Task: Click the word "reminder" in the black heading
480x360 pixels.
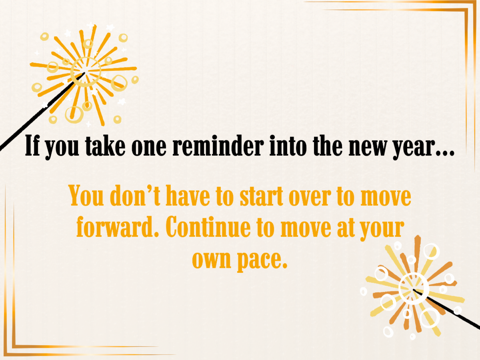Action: (218, 146)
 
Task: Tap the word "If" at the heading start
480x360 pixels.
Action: (32, 146)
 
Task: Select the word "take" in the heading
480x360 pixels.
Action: (105, 146)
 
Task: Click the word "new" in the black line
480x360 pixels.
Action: (368, 149)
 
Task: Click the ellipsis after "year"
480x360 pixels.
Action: (445, 154)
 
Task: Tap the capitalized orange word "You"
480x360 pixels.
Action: (86, 196)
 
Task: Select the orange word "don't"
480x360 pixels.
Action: (135, 196)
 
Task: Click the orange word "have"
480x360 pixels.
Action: (188, 196)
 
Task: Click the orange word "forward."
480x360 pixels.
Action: (118, 227)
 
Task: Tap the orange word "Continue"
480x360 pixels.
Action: (208, 227)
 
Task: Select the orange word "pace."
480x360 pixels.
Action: (262, 261)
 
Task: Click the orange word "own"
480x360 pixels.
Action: (212, 260)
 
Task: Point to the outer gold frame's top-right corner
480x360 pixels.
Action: (476, 2)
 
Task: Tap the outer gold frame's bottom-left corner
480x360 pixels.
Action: (5, 355)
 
